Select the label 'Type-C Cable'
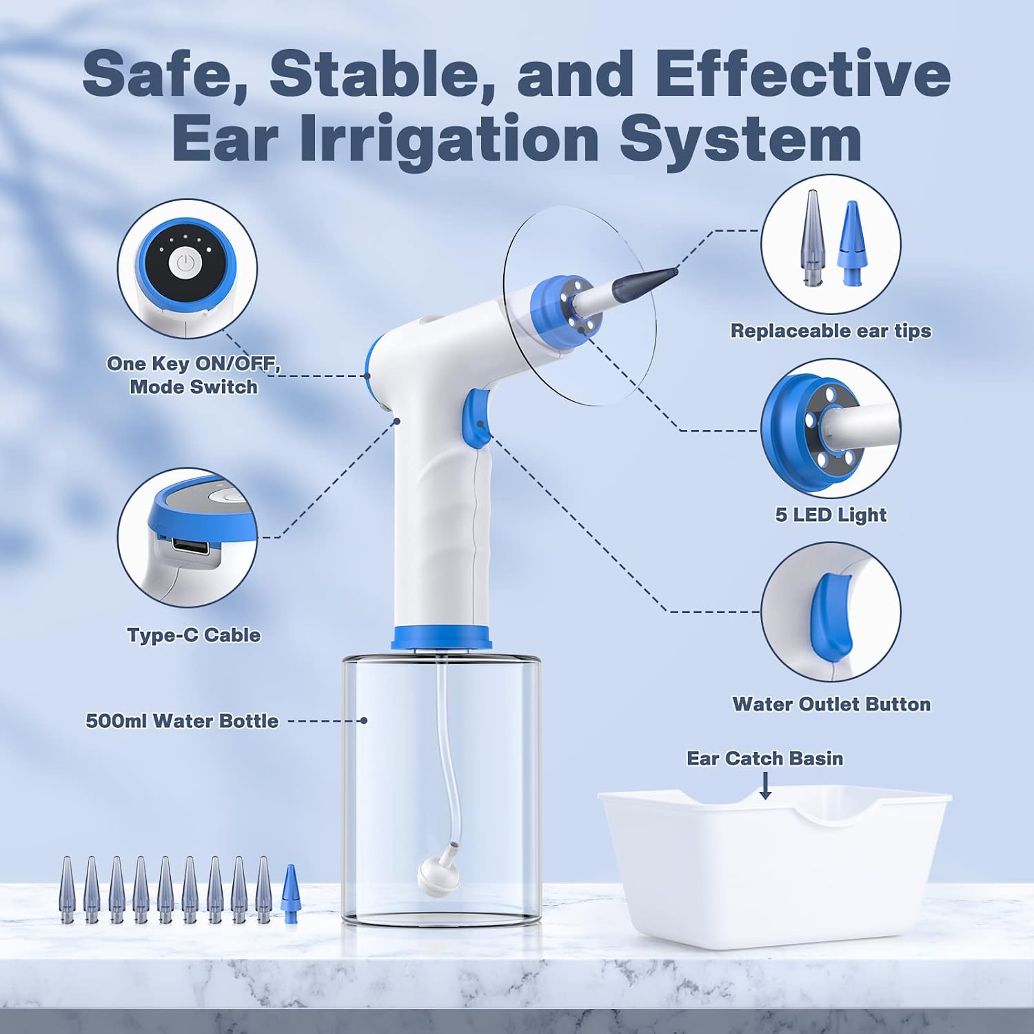[x=194, y=635]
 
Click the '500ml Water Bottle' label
[x=182, y=721]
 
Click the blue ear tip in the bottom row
[x=291, y=893]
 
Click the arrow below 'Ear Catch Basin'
[x=764, y=786]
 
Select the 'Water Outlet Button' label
[x=831, y=704]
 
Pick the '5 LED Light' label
[x=831, y=515]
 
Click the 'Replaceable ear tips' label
[x=831, y=331]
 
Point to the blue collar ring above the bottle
[x=442, y=637]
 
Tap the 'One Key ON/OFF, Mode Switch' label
[x=194, y=375]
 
